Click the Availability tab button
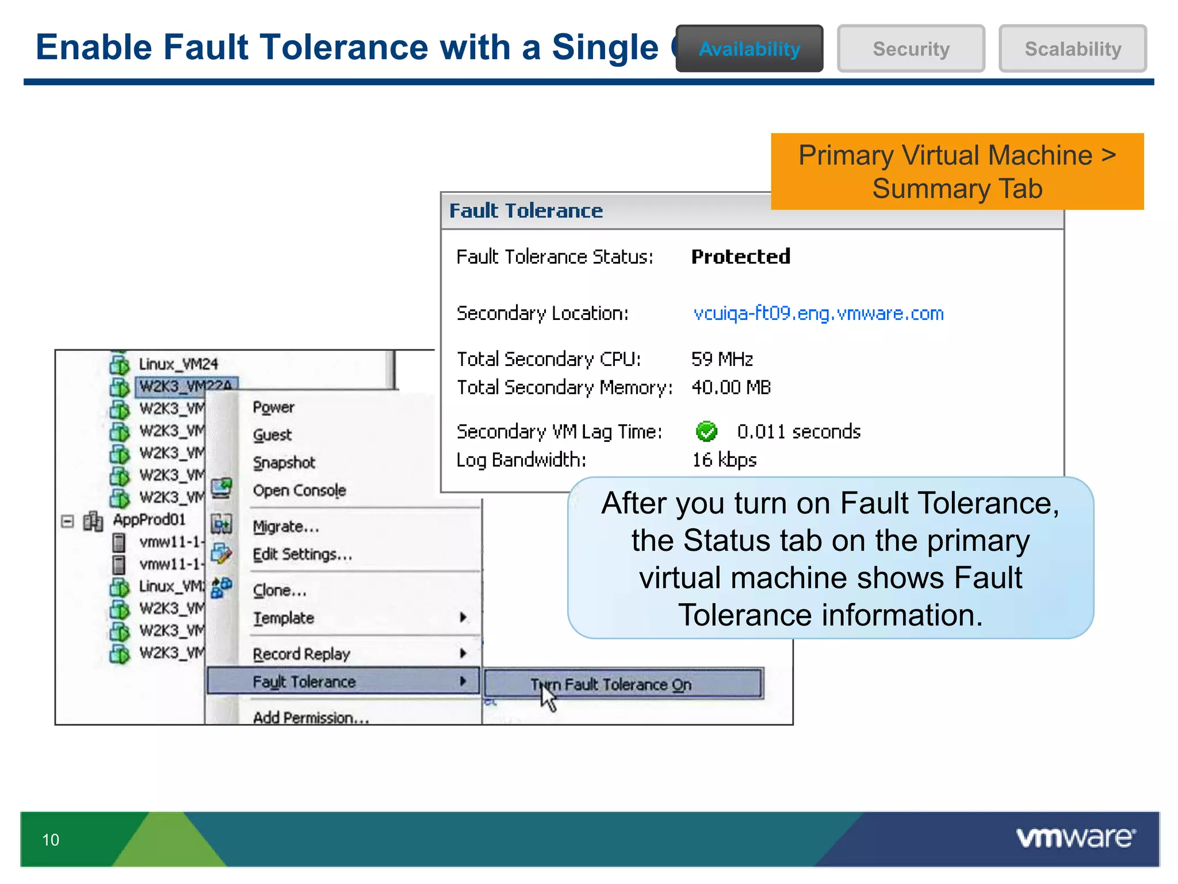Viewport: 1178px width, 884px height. pos(749,49)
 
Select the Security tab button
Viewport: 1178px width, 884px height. pos(911,49)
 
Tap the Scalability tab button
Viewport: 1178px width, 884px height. pos(1072,49)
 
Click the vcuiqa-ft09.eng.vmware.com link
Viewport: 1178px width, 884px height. pos(818,314)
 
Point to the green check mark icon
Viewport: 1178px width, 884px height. pos(706,431)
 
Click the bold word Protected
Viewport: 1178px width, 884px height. pos(740,257)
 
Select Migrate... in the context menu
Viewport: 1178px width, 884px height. pos(285,527)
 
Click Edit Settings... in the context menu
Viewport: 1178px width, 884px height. pos(302,554)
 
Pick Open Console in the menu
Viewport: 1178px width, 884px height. pos(299,490)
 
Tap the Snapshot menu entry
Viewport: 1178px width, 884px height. pos(284,463)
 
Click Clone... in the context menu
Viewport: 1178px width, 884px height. pos(280,590)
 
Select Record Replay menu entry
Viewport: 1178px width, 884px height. pos(301,654)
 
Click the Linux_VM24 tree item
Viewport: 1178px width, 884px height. pos(178,364)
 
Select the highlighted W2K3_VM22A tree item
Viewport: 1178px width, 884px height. pos(185,386)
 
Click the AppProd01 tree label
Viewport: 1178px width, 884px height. pos(149,520)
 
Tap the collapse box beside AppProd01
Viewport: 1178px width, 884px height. pos(67,521)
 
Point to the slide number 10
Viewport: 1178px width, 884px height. pos(51,840)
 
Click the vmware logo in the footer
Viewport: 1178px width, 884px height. pos(1076,837)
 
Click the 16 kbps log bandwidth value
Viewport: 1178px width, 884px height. pos(724,460)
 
